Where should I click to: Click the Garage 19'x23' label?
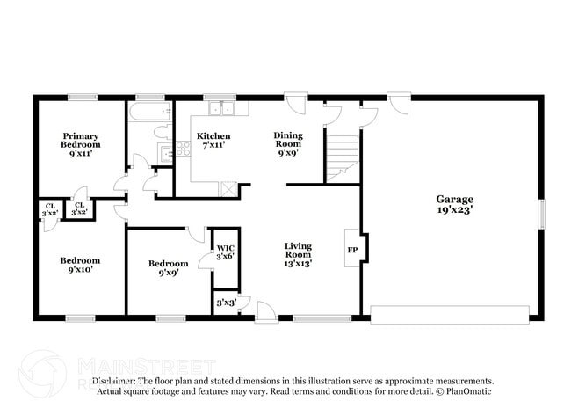pyautogui.click(x=454, y=204)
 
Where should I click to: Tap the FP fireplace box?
pyautogui.click(x=353, y=249)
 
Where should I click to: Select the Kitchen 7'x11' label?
pyautogui.click(x=213, y=142)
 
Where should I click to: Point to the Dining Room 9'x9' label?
pyautogui.click(x=288, y=142)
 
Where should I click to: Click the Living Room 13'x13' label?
pyautogui.click(x=298, y=254)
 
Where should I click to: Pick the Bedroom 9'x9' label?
pyautogui.click(x=168, y=268)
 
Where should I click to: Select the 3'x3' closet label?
pyautogui.click(x=226, y=303)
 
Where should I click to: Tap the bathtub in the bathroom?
pyautogui.click(x=150, y=113)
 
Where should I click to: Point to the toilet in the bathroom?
pyautogui.click(x=162, y=133)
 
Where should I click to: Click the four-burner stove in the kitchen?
pyautogui.click(x=184, y=150)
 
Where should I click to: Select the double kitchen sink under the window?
pyautogui.click(x=220, y=109)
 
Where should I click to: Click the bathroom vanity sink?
pyautogui.click(x=164, y=155)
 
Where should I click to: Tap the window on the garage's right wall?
pyautogui.click(x=541, y=213)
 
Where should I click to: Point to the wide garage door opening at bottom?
pyautogui.click(x=450, y=314)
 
